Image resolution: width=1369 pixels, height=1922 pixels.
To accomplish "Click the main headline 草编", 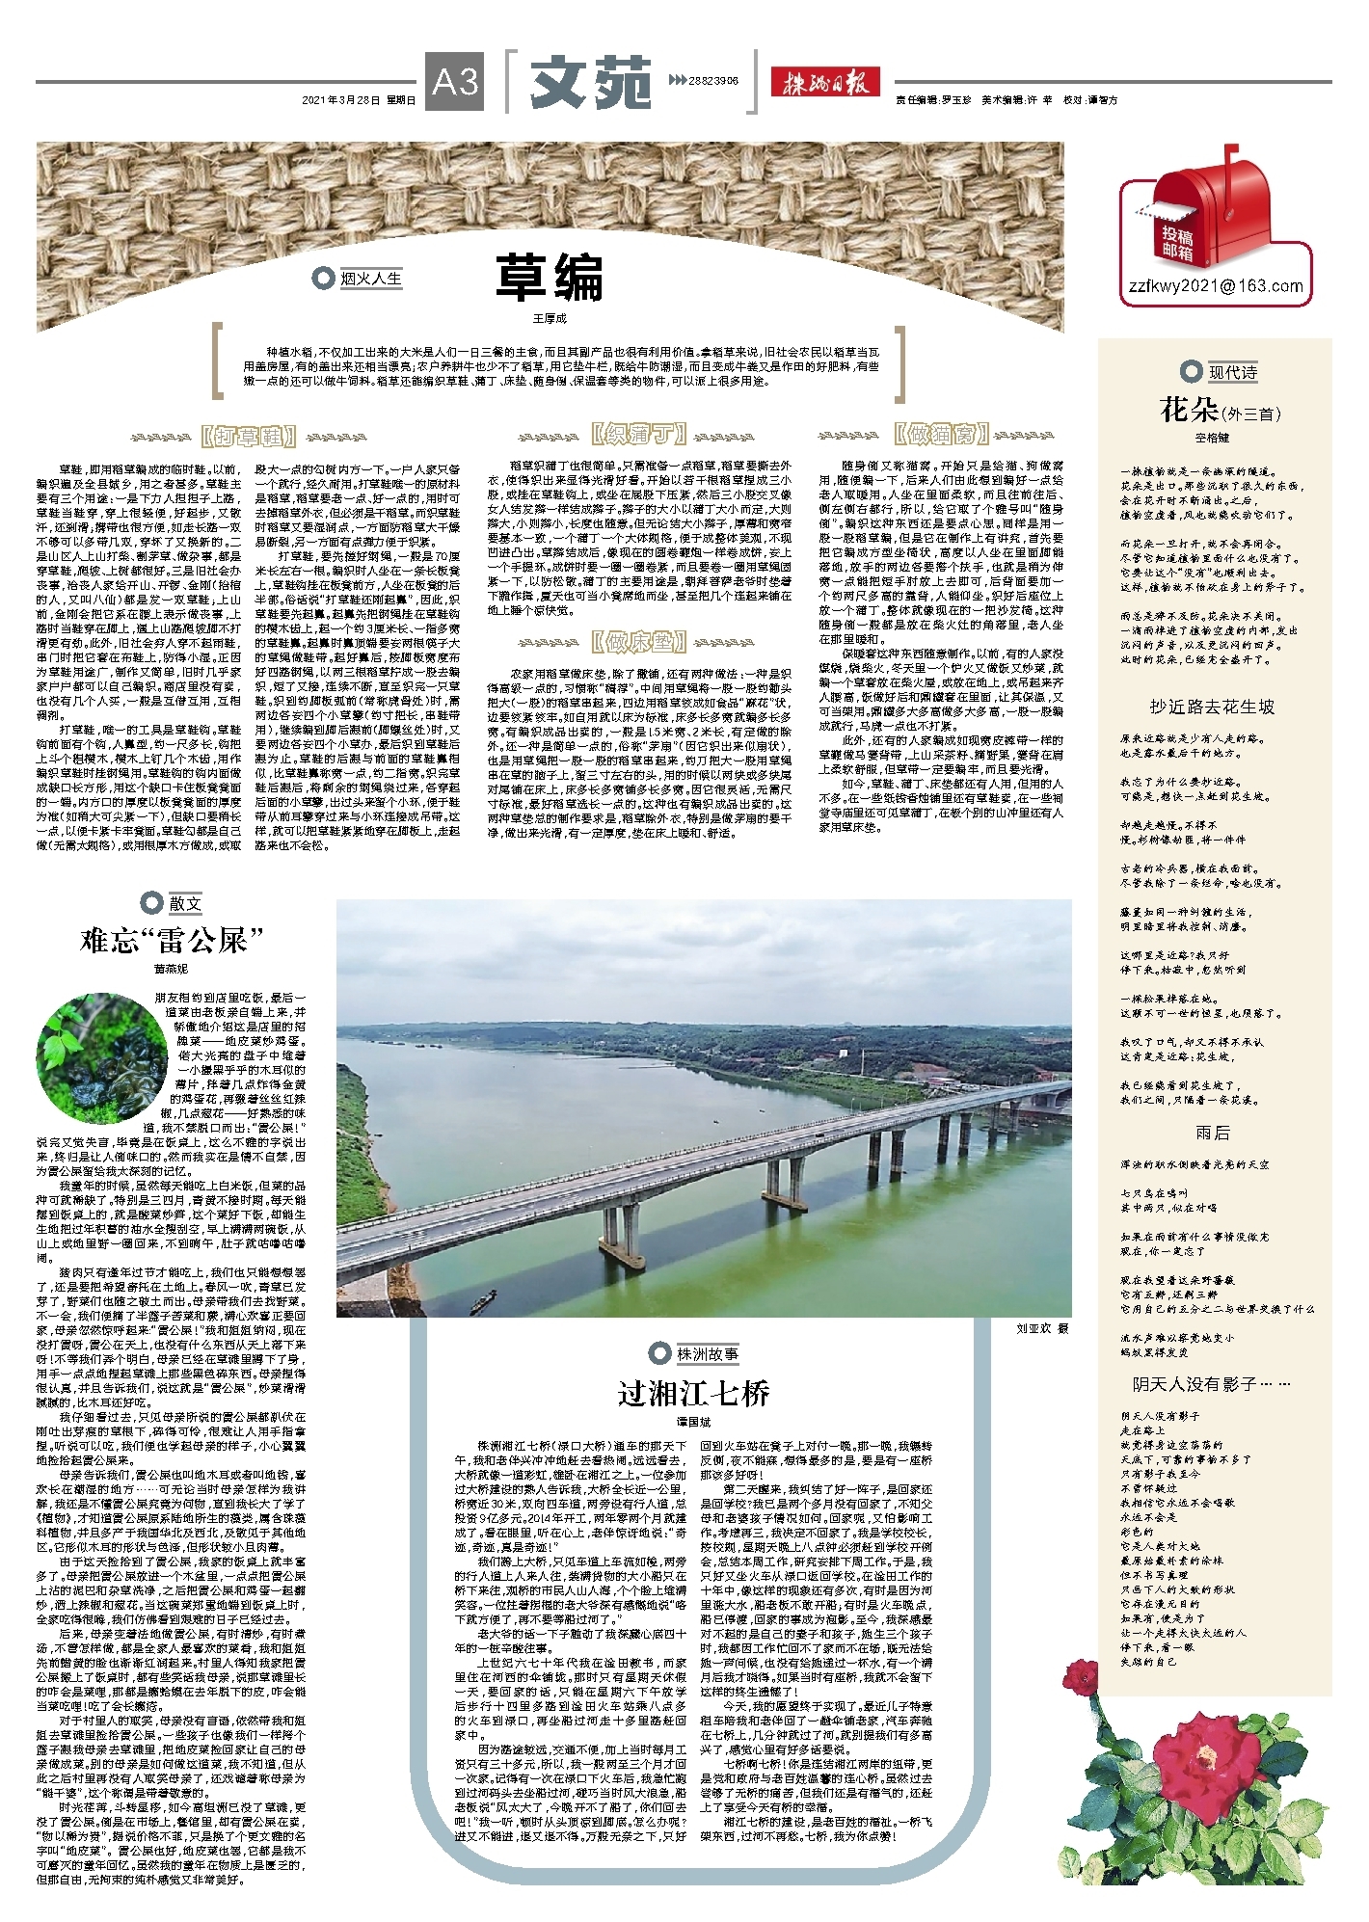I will tap(550, 278).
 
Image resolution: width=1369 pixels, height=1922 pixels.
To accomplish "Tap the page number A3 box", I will tap(455, 82).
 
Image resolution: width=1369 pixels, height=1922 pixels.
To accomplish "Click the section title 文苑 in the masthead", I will tap(590, 82).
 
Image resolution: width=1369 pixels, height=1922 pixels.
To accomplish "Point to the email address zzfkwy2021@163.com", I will tap(1216, 286).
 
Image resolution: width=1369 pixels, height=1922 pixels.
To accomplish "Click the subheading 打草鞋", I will tap(248, 437).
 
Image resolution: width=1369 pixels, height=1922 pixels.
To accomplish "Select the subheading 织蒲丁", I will tap(639, 435).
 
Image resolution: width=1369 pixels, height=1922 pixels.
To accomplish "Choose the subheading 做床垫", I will tap(639, 641).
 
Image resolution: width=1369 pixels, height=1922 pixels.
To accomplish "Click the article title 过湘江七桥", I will tap(693, 1393).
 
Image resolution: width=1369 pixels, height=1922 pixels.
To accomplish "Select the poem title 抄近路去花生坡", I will tap(1211, 707).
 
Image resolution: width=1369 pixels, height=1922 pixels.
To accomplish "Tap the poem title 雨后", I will tap(1212, 1133).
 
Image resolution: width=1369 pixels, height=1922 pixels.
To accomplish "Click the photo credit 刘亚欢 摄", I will tap(1042, 1327).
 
